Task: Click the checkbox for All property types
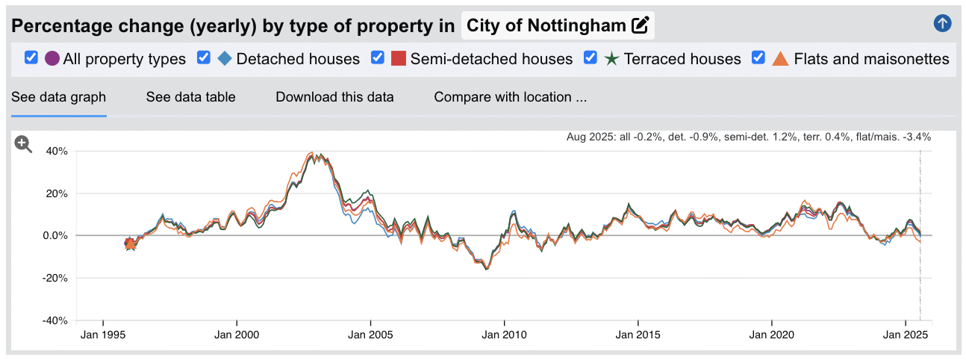(31, 58)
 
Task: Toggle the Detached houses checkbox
(204, 58)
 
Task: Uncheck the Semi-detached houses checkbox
(378, 58)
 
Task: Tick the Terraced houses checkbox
(590, 58)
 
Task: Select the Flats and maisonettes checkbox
(758, 58)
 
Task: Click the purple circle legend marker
(52, 58)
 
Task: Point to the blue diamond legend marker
(225, 58)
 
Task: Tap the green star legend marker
(611, 58)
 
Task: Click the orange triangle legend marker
(780, 58)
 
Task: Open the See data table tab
(190, 97)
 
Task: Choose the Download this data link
(334, 97)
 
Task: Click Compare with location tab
(511, 97)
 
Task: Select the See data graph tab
(58, 97)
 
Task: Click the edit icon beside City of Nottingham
(640, 25)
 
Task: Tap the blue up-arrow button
(942, 23)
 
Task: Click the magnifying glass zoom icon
(23, 145)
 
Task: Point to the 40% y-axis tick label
(57, 151)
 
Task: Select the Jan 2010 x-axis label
(504, 335)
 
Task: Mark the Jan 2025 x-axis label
(905, 335)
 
